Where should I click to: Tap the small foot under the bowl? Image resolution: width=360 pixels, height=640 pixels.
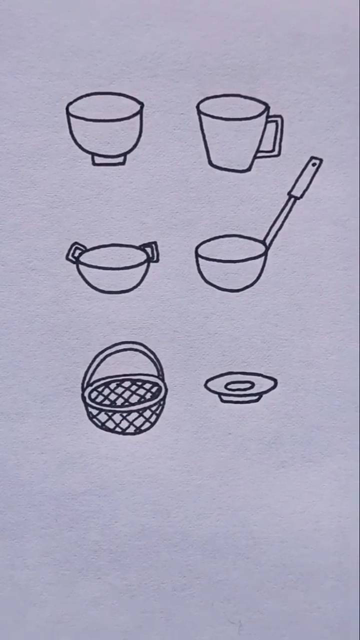click(108, 159)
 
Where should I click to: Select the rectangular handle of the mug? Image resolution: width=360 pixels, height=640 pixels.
click(274, 136)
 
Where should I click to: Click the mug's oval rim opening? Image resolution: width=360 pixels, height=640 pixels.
click(232, 107)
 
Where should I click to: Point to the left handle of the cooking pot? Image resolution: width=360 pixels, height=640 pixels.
click(75, 252)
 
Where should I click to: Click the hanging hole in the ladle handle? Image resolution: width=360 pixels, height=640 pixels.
click(314, 163)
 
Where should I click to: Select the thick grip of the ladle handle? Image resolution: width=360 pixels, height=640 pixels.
click(304, 179)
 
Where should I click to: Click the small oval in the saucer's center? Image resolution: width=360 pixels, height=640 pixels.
click(240, 385)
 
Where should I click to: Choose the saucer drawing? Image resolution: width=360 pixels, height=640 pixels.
click(240, 388)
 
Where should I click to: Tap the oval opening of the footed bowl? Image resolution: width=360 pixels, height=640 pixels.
click(104, 106)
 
